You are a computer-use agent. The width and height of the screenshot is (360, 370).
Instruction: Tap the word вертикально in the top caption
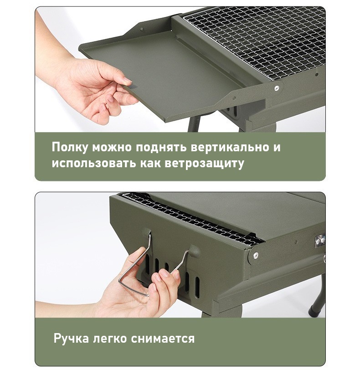tap(230, 147)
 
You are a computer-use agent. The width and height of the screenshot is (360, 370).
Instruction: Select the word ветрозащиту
tap(204, 163)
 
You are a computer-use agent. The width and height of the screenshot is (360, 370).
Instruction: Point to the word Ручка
tap(71, 339)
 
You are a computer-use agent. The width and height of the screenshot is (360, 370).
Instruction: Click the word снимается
tap(163, 339)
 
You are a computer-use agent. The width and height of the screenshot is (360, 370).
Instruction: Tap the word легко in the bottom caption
tap(110, 339)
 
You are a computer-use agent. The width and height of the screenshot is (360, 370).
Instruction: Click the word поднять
tap(161, 147)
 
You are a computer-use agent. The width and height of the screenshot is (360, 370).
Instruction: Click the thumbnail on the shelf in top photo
tap(128, 81)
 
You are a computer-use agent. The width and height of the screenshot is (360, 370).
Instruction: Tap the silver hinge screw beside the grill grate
tap(276, 88)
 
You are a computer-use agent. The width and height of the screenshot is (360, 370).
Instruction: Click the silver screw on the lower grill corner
tap(256, 255)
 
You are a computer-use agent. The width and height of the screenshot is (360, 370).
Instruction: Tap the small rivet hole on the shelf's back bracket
tap(142, 30)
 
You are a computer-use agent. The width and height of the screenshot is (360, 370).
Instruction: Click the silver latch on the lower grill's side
tap(319, 241)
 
